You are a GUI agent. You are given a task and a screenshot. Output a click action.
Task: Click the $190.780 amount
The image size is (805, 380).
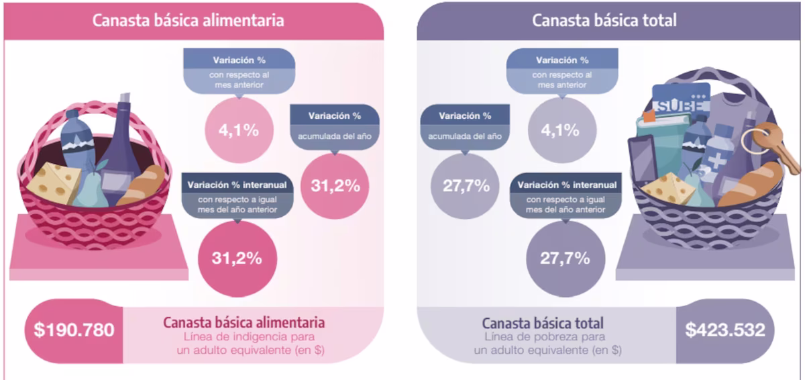(x=74, y=330)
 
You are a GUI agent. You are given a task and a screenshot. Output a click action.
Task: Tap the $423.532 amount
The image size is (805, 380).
(x=725, y=330)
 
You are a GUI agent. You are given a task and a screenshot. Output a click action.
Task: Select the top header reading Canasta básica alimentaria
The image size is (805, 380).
(x=188, y=20)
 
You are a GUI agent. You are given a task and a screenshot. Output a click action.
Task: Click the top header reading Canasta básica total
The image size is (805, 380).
(x=604, y=20)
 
